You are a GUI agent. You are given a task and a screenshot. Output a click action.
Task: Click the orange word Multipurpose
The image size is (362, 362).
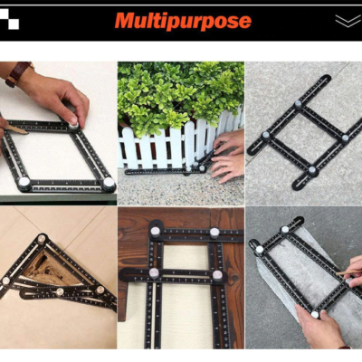point(183,21)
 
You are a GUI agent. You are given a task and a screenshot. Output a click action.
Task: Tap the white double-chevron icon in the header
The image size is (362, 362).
point(348,21)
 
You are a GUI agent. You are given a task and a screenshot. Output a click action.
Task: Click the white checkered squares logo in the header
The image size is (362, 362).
point(9,19)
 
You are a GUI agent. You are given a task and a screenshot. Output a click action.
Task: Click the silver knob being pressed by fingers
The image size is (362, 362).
point(73,125)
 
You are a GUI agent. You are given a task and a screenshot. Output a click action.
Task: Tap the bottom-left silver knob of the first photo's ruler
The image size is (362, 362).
point(24,182)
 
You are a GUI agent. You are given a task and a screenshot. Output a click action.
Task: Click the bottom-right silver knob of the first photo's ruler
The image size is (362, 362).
point(109,183)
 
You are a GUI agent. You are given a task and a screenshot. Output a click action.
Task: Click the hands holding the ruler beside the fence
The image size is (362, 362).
point(227,157)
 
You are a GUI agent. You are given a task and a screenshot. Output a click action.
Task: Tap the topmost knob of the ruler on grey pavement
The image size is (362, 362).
point(298,104)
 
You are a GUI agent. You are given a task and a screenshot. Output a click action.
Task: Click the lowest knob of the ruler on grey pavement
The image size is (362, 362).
point(312,170)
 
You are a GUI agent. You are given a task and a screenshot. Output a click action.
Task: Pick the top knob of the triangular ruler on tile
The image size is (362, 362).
point(42,239)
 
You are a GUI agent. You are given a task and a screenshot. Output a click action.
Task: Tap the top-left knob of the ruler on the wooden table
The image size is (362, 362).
point(156,232)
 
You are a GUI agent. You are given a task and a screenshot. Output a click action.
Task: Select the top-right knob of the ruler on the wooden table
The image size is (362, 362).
point(214,233)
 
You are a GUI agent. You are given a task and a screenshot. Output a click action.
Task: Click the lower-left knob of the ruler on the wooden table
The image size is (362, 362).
point(154,273)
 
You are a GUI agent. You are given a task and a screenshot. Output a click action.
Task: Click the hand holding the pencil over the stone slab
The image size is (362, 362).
point(353,271)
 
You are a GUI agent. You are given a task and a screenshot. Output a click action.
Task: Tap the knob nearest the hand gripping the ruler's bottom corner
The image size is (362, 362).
point(315,315)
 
